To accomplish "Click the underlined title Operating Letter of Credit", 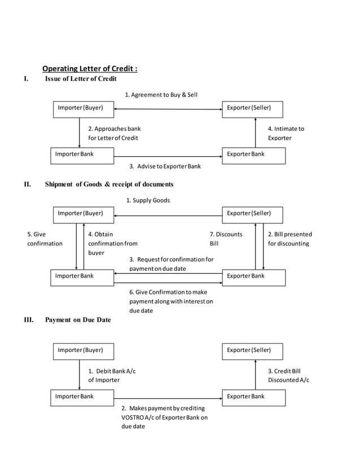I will pos(90,69).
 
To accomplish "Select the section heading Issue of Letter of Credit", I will pos(81,79).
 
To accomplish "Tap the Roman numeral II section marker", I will pos(27,184).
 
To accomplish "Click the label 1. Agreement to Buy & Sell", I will pos(161,95).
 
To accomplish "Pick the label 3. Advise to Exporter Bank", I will pos(165,166).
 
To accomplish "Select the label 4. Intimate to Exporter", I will pos(286,133).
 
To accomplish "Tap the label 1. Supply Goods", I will pos(148,200).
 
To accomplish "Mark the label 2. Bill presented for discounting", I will pos(289,239).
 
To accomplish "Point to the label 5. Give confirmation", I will pos(45,239).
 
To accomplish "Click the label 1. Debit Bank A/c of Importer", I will pos(112,375).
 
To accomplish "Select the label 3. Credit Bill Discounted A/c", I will pos(288,375).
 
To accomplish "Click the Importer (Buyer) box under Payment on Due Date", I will pos(83,351).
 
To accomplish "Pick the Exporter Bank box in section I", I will pos(253,155).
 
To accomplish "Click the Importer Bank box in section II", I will pos(82,277).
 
